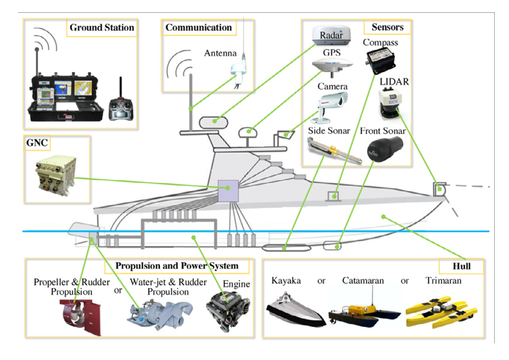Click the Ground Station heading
(x=102, y=28)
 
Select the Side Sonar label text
(x=329, y=131)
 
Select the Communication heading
(x=198, y=28)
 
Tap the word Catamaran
(x=363, y=281)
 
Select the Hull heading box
(x=461, y=266)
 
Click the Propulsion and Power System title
(x=177, y=266)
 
